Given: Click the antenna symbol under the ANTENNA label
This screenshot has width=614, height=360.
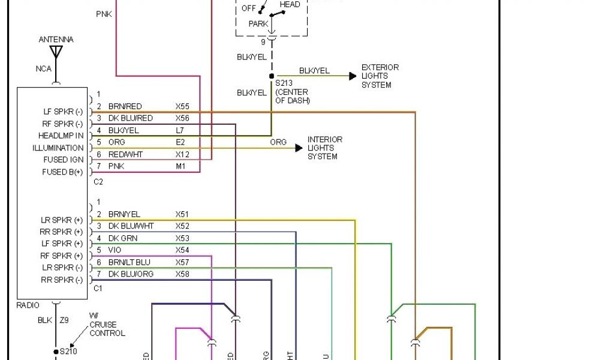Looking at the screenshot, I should tap(56, 52).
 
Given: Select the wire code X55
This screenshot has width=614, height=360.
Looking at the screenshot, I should tap(182, 106).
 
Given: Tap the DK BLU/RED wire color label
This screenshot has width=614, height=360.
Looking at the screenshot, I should tap(130, 118).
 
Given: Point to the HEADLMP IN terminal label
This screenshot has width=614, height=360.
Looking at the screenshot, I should tap(61, 136).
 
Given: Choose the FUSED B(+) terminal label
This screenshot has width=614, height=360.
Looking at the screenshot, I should tap(63, 172).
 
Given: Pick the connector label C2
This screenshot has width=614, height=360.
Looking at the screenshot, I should tap(99, 181).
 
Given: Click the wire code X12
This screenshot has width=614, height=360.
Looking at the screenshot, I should tap(182, 154).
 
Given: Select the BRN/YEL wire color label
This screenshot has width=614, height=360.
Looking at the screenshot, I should tap(124, 214).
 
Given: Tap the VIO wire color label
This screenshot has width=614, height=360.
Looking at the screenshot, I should tap(115, 250).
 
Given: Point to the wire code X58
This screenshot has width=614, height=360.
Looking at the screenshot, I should tap(182, 274).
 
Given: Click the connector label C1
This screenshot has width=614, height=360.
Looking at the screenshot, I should tap(99, 289).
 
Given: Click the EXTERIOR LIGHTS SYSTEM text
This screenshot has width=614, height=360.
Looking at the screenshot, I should tap(380, 76).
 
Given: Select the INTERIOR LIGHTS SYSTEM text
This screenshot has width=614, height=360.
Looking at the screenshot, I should tap(325, 148).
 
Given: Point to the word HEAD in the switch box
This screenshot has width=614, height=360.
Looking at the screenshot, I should tap(290, 5).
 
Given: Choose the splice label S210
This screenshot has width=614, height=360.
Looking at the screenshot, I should tap(68, 352).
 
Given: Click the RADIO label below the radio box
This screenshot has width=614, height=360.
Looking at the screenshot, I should tap(28, 305).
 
